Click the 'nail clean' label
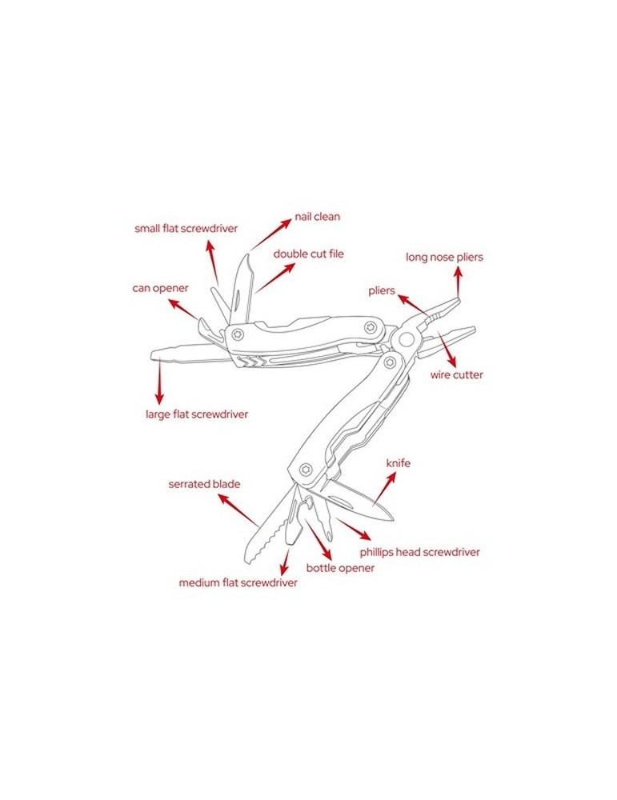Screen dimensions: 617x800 point(317,216)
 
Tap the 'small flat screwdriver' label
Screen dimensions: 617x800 point(186,229)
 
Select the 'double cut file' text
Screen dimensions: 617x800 point(308,254)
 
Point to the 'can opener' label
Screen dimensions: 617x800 point(160,288)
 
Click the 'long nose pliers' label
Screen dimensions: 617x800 point(444,257)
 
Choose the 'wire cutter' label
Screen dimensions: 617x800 point(456,375)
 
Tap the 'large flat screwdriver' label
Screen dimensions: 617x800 point(197,414)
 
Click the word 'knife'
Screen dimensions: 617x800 point(398,463)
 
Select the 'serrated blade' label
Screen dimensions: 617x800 point(204,484)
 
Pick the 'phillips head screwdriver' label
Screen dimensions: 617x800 point(419,552)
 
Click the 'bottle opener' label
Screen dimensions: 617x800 point(340,568)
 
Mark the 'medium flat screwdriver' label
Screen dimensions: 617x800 point(238,582)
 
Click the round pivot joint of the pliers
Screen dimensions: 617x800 point(407,338)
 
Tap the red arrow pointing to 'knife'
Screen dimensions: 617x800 point(385,488)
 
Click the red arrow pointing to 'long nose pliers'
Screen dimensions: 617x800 point(459,282)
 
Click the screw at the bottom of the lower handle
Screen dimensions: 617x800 point(306,469)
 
